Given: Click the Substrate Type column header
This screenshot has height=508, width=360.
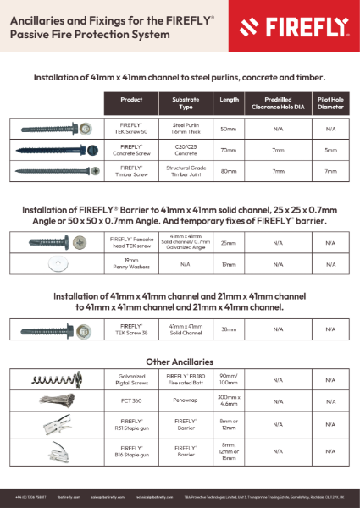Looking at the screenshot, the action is pyautogui.click(x=186, y=103).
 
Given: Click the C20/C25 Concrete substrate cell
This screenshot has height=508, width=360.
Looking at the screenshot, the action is pyautogui.click(x=186, y=149).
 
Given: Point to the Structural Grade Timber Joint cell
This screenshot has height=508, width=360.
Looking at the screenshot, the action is pyautogui.click(x=186, y=170).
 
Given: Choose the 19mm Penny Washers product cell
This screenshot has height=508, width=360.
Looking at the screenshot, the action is pyautogui.click(x=131, y=263).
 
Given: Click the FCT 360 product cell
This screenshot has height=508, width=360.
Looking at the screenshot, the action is pyautogui.click(x=131, y=400).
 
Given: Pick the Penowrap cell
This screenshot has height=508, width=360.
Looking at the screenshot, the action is pyautogui.click(x=186, y=400).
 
